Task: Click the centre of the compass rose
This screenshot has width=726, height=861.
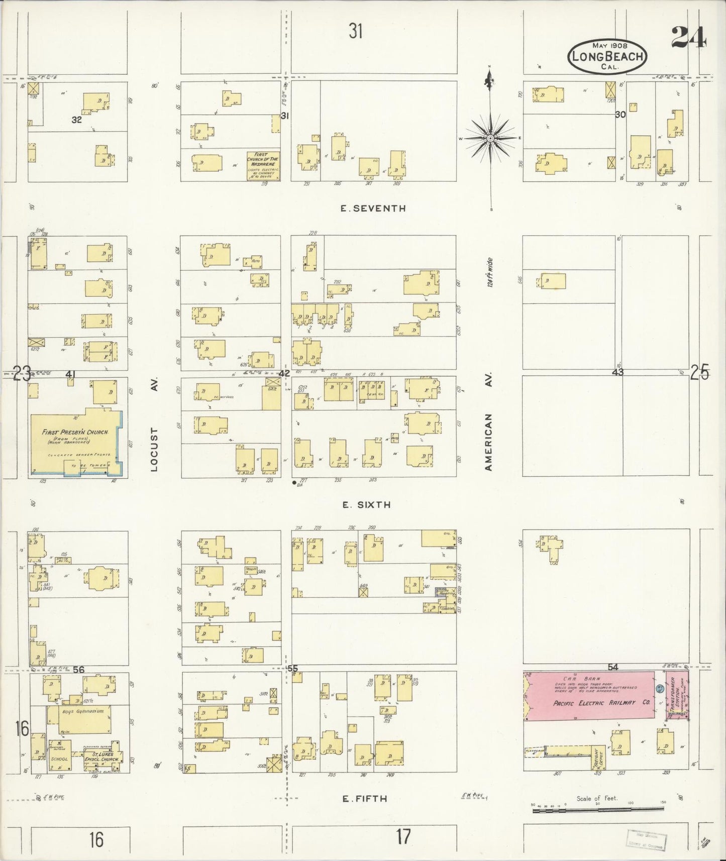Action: (490, 138)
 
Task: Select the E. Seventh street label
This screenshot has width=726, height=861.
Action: (373, 208)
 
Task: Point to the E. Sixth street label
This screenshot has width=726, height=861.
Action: (366, 505)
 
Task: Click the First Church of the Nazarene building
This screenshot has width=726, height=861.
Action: (263, 166)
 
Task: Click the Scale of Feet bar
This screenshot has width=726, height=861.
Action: (598, 809)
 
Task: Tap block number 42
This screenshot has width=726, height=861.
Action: (284, 373)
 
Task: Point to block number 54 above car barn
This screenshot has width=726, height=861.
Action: (612, 667)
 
